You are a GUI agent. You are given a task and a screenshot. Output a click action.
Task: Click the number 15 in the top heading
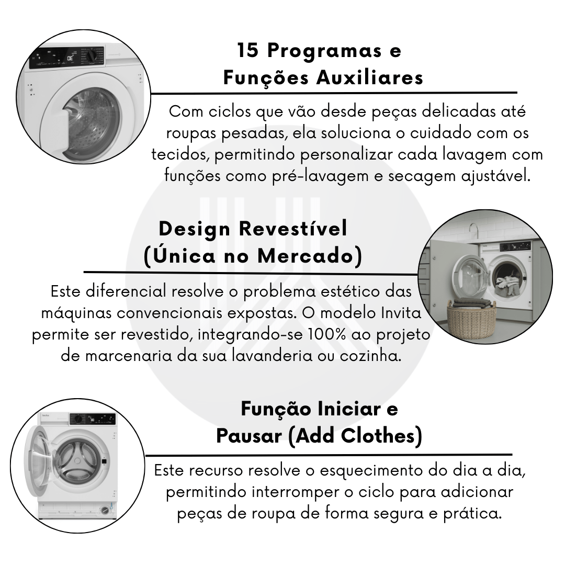(x=248, y=50)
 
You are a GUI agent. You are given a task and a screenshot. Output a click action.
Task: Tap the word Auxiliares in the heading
(x=370, y=77)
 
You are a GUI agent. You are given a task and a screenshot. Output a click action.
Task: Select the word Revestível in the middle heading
(x=293, y=229)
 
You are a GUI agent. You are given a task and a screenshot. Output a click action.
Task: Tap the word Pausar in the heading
(x=249, y=436)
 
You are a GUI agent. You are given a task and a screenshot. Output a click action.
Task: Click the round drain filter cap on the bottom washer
(x=105, y=510)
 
